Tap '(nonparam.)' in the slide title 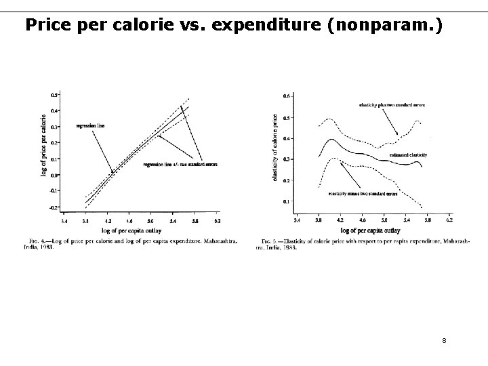click(x=395, y=25)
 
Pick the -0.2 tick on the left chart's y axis click(x=54, y=206)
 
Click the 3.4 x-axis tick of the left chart click(x=64, y=221)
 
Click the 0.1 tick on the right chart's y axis click(x=286, y=201)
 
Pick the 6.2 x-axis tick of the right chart click(x=449, y=221)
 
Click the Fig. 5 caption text click(x=363, y=244)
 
